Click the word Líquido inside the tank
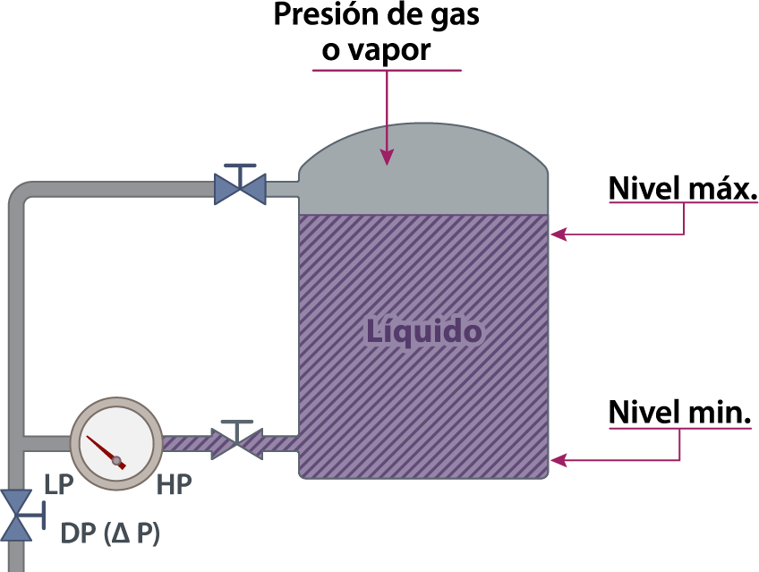pyautogui.click(x=424, y=332)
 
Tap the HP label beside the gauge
pyautogui.click(x=175, y=484)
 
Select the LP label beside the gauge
pyautogui.click(x=58, y=484)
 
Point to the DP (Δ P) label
pyautogui.click(x=110, y=534)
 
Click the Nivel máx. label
pyautogui.click(x=683, y=188)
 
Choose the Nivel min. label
pyautogui.click(x=679, y=413)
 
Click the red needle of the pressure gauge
pyautogui.click(x=106, y=452)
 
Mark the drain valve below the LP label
pyautogui.click(x=16, y=515)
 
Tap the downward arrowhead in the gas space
pyautogui.click(x=387, y=158)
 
